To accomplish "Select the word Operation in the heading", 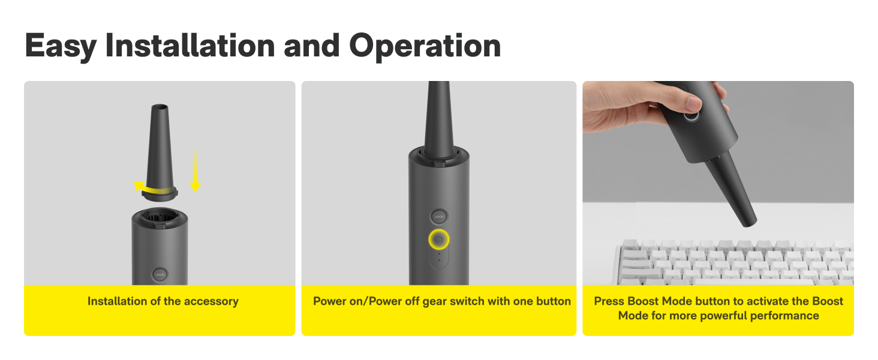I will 425,46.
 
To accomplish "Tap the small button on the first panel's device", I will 160,275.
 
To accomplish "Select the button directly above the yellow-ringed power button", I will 439,217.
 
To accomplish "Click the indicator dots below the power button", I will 439,257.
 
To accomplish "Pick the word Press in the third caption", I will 609,301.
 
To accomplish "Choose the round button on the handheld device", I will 690,115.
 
